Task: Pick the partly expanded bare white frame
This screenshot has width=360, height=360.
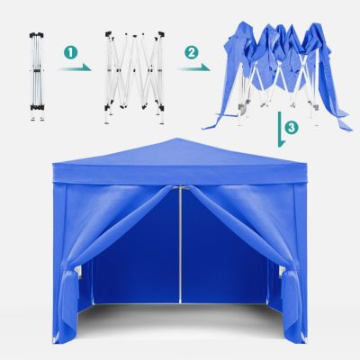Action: tap(135, 76)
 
